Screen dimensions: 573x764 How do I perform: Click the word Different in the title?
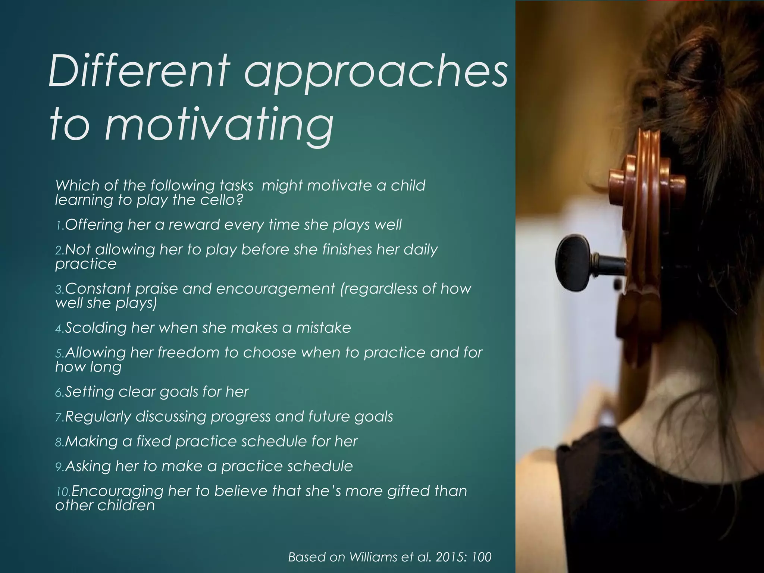point(138,71)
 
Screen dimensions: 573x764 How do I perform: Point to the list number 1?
point(59,225)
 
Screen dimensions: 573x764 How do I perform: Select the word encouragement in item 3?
point(275,289)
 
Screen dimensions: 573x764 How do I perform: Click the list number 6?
point(59,392)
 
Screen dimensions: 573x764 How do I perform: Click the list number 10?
point(62,492)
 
